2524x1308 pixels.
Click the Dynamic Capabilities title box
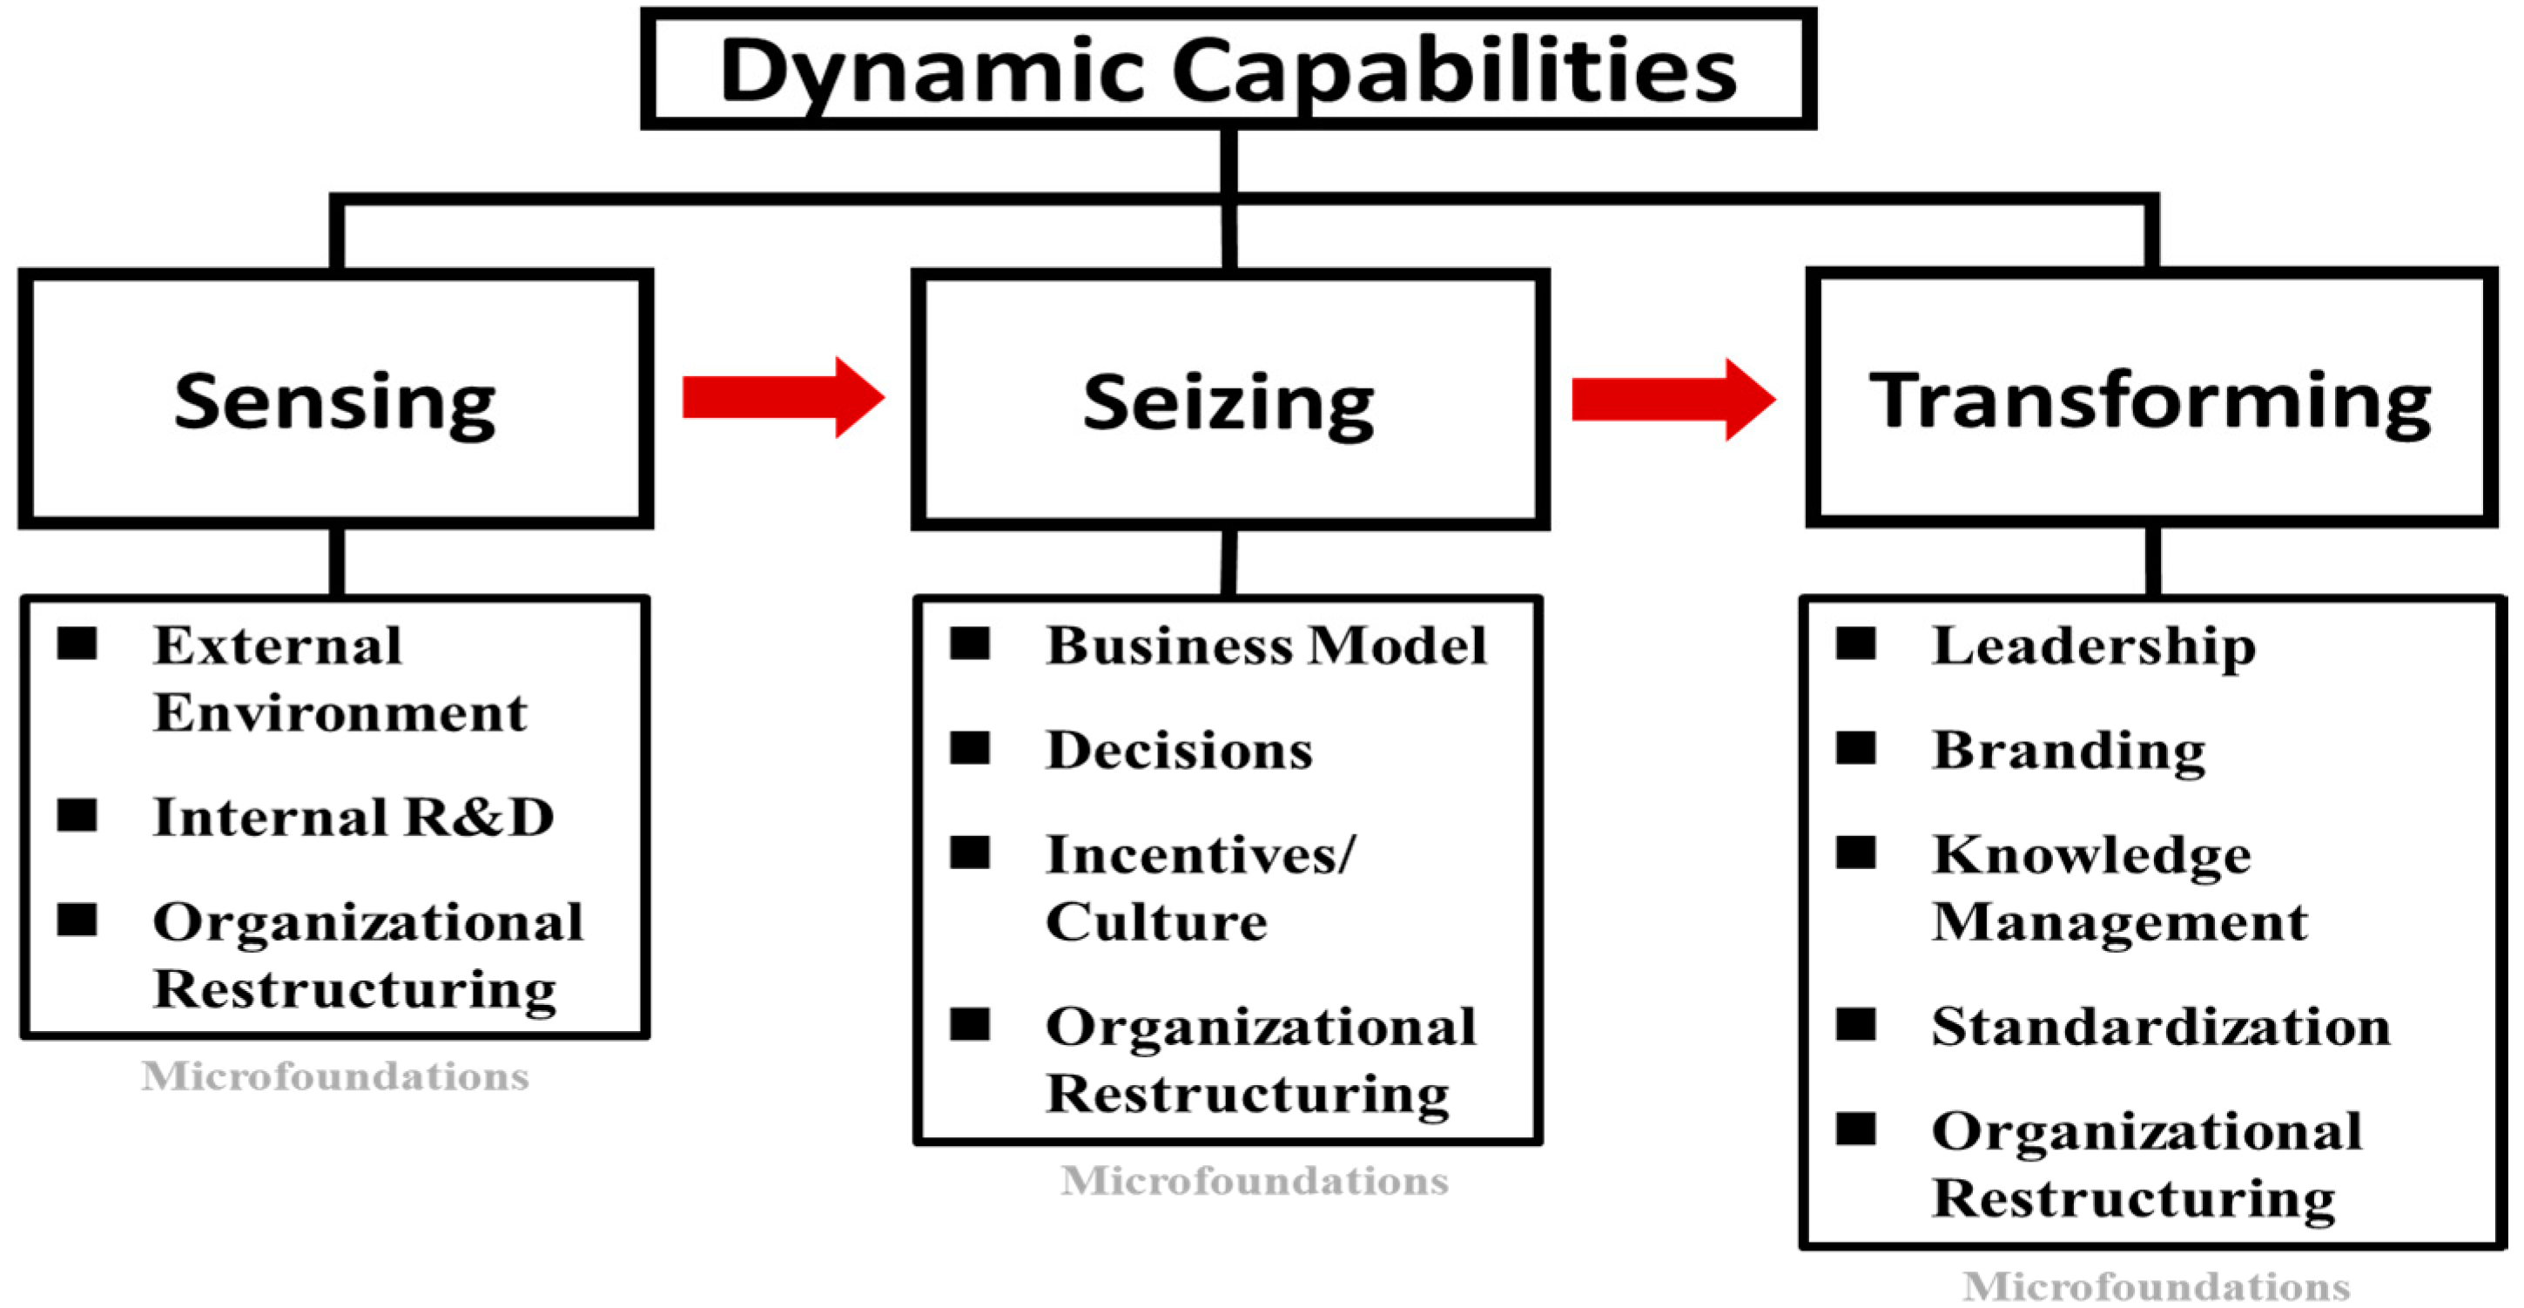1228,69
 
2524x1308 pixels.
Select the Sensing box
335,400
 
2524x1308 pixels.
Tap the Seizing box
1229,400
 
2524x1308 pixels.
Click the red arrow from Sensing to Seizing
783,397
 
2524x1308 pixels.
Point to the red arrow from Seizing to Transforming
1673,398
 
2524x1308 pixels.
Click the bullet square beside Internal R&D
77,814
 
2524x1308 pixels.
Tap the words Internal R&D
353,816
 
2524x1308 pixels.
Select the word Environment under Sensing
340,712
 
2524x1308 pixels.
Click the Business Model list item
1266,644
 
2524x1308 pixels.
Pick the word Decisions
1180,750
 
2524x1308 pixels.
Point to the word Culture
1156,921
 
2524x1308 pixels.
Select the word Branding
2069,751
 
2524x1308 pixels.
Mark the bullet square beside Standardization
1855,1024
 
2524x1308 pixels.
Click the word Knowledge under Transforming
2092,855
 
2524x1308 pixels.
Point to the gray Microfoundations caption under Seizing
1254,1181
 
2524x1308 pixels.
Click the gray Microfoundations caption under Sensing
335,1075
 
